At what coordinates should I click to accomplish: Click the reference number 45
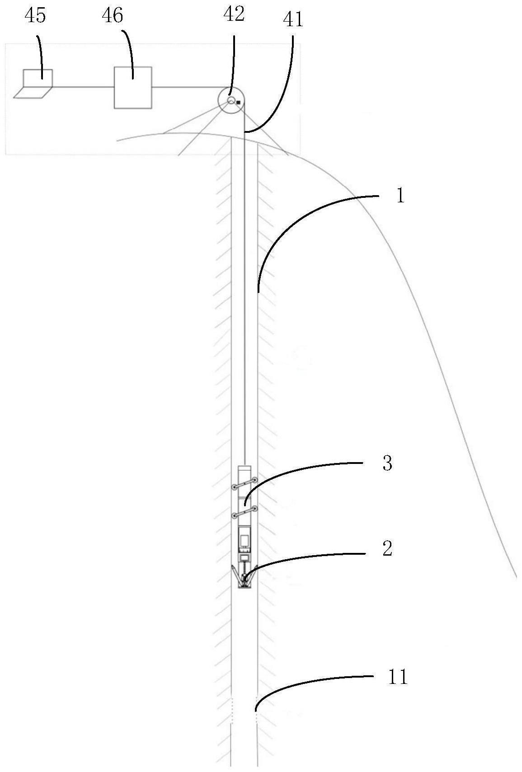35,16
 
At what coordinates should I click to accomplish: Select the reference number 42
234,14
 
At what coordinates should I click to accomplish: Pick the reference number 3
387,463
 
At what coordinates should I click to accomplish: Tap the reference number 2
387,548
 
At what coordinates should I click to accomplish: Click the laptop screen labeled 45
38,78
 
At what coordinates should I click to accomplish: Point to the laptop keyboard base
32,92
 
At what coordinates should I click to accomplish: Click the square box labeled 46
132,87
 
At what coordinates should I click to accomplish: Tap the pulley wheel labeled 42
231,100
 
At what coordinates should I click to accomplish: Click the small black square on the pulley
238,103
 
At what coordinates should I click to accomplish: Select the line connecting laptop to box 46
83,86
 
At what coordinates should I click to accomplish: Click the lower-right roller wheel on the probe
255,509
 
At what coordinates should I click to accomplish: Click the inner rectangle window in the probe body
245,540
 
